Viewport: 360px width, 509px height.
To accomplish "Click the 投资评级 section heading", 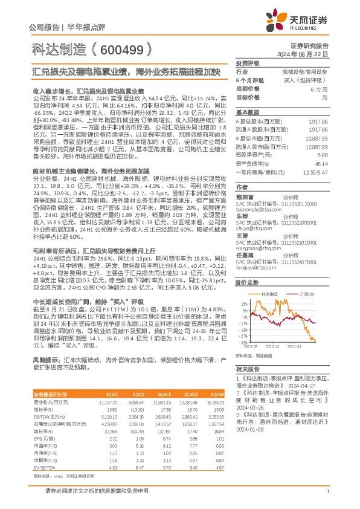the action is coord(248,63).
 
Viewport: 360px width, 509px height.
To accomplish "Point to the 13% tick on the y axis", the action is coord(245,303).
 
